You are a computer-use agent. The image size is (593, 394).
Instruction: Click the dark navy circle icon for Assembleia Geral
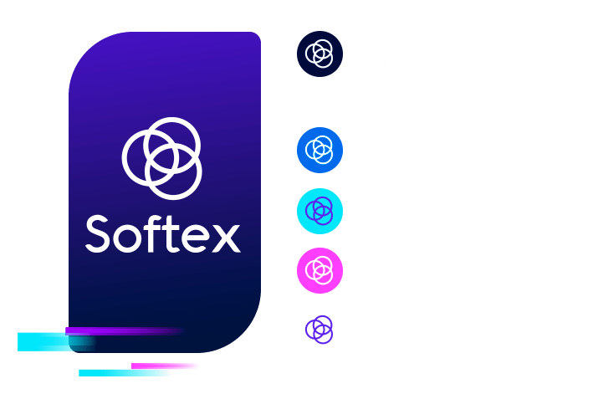coord(320,54)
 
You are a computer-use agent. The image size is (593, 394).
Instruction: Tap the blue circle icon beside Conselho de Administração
coord(320,151)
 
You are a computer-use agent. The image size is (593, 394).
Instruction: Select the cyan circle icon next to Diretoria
coord(320,210)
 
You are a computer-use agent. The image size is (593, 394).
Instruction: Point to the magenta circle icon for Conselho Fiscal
coord(320,269)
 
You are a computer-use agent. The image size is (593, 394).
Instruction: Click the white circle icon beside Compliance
coord(320,330)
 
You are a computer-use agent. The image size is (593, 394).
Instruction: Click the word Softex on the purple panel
coord(162,234)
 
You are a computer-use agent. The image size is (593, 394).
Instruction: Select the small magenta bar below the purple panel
coord(165,366)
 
